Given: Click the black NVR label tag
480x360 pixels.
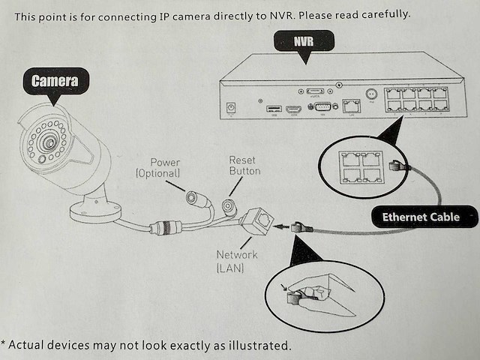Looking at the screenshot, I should click(304, 42).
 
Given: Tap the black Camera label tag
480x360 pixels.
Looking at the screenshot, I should click(54, 81).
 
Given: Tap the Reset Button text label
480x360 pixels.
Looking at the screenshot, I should click(244, 166).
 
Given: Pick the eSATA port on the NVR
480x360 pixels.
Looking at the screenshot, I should click(315, 91).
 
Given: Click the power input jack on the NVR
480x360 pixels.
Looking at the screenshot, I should click(231, 109).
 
